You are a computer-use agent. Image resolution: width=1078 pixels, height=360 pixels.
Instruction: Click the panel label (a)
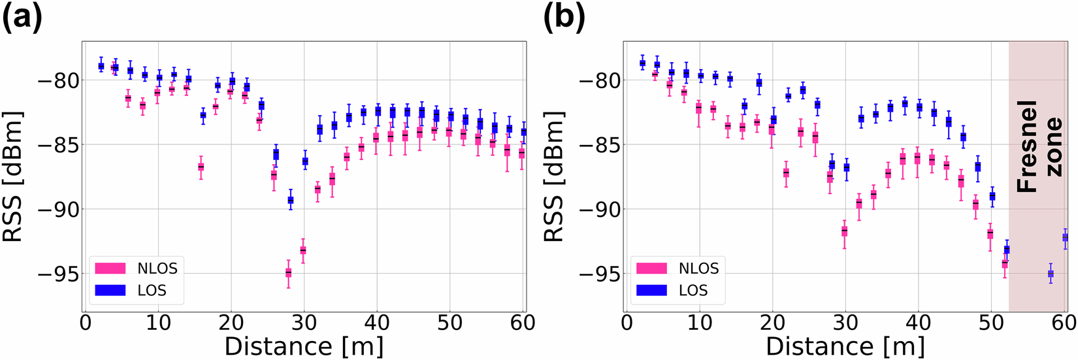click(x=22, y=18)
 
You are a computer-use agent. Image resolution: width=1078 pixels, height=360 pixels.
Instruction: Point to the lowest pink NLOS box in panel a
click(x=288, y=272)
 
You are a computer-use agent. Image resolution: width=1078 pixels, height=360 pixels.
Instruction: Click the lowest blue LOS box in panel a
click(x=291, y=200)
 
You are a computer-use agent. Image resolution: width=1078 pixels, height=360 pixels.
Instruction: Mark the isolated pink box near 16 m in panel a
click(x=201, y=167)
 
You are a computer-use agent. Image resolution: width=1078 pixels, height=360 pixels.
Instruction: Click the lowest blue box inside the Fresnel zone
click(x=1051, y=274)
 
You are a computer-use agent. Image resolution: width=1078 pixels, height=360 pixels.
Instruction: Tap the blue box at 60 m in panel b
click(x=1065, y=237)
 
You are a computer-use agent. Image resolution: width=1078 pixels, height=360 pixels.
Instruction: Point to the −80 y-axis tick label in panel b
click(x=599, y=80)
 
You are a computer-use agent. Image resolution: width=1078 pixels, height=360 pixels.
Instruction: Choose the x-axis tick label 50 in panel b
click(x=991, y=323)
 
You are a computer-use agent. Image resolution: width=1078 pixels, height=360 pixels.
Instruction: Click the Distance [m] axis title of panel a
click(x=304, y=346)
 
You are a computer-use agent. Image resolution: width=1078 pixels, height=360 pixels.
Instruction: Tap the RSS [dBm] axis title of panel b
click(x=554, y=177)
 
